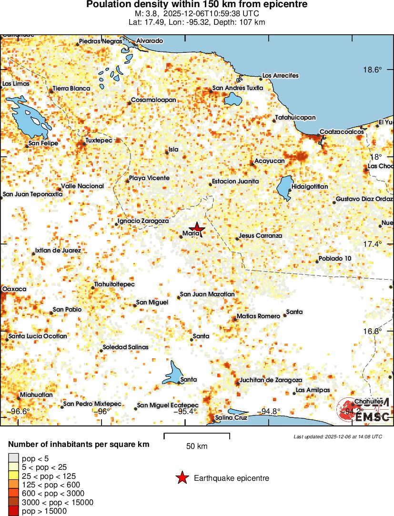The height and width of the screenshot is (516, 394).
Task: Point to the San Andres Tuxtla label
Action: point(237,88)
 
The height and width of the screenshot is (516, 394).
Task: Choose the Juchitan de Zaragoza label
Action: point(271,380)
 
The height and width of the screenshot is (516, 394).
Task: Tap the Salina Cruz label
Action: point(231,417)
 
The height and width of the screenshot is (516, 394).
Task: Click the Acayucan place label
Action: point(269,161)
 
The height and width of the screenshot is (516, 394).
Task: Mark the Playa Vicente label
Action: point(149,178)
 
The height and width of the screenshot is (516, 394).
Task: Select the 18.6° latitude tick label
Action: point(373,70)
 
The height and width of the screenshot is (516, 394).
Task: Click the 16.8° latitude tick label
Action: point(373,331)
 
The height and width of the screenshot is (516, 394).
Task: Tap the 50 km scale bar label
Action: point(196,446)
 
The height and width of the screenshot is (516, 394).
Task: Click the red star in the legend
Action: point(182,478)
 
